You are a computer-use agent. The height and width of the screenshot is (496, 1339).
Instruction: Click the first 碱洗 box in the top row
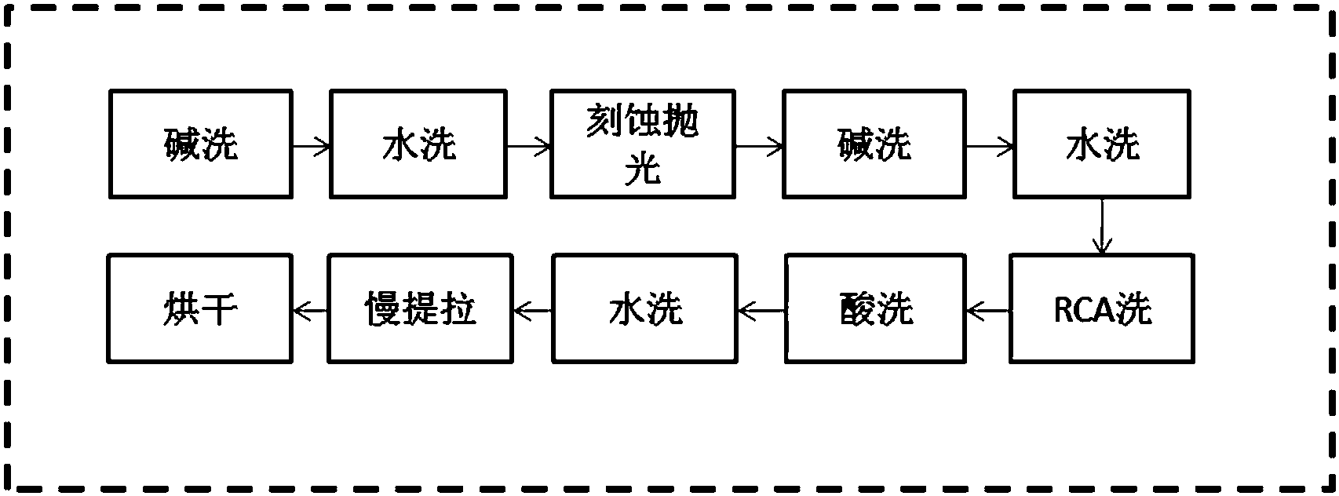pos(200,144)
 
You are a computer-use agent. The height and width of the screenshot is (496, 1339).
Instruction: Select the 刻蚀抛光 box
pos(642,144)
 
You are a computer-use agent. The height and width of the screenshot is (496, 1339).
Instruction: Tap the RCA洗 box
pos(1102,308)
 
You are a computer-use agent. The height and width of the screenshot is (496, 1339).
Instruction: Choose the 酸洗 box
pos(877,308)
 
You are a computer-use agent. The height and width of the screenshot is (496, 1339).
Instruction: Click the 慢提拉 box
pos(420,308)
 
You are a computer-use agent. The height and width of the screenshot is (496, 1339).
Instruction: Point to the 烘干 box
pos(200,308)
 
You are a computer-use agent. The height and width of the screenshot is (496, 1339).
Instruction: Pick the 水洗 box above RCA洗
pos(1102,144)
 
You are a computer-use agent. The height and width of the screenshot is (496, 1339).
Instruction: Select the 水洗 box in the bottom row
pos(645,308)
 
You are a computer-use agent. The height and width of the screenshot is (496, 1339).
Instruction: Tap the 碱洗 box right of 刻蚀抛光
pos(874,144)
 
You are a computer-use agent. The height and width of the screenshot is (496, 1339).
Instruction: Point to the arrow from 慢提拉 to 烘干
pos(310,312)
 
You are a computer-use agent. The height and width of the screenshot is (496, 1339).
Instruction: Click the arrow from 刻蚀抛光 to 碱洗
pos(758,145)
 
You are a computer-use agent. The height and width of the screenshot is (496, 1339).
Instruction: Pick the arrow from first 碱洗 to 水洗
pos(311,145)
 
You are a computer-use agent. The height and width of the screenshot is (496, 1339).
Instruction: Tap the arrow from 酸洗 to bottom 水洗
pos(761,312)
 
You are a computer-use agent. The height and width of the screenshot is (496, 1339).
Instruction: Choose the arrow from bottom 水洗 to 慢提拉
pos(532,312)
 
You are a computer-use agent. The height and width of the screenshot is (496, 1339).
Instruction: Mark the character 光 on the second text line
pos(643,170)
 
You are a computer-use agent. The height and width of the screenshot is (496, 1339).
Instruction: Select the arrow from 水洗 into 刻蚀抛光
pos(529,145)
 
